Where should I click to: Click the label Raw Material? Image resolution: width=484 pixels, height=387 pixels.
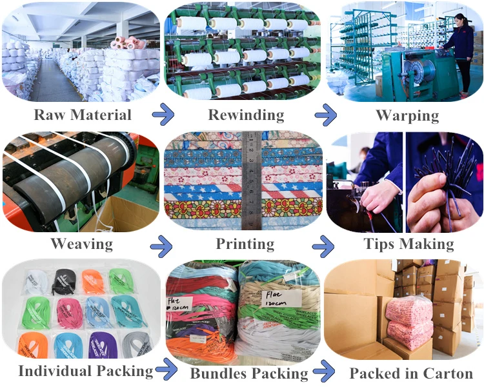pos(83,115)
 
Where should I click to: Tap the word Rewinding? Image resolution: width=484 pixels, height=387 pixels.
pos(246,115)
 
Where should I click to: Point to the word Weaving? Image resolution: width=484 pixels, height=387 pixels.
pos(81,244)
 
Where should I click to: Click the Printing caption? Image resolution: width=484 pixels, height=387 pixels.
pos(245,244)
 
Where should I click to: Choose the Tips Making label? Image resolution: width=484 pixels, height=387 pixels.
pos(409,244)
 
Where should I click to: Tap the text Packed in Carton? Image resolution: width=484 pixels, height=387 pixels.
pos(411,373)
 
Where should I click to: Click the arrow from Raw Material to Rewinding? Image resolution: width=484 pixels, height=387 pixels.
pos(164,116)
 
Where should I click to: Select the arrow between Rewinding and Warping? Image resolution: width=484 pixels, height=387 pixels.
pos(326,116)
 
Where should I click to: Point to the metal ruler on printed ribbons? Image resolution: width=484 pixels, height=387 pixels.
pos(252,181)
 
